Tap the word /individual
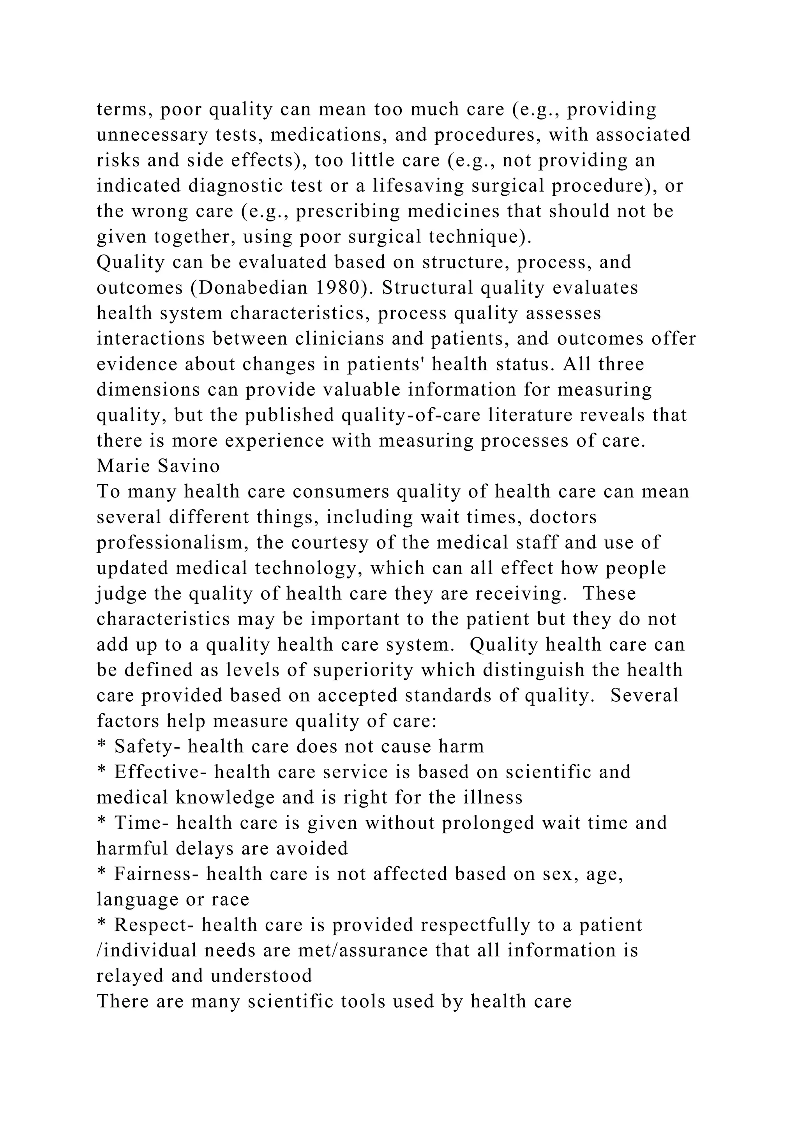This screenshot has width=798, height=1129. pyautogui.click(x=146, y=950)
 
